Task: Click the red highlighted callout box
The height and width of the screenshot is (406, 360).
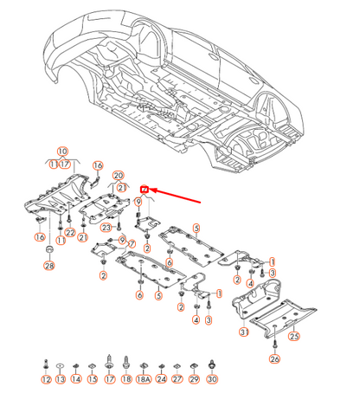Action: (145, 188)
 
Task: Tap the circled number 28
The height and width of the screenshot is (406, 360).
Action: (48, 267)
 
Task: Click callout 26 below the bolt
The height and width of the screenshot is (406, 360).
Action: (274, 358)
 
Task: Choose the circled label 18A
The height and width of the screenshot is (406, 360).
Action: (145, 379)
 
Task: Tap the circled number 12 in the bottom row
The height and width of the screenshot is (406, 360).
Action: (45, 379)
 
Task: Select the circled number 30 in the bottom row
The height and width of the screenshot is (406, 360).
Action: (212, 379)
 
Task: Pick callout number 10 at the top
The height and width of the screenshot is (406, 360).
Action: (62, 151)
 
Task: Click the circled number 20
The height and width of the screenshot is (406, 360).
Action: (119, 175)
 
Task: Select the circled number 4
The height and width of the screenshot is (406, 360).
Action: (196, 319)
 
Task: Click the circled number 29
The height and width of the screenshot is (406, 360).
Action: (195, 379)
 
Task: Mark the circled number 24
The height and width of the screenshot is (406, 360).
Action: (161, 379)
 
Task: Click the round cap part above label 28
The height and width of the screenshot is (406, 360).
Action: (49, 251)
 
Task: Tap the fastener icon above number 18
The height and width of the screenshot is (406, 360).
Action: (127, 361)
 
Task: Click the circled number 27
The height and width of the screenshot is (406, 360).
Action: (177, 379)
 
